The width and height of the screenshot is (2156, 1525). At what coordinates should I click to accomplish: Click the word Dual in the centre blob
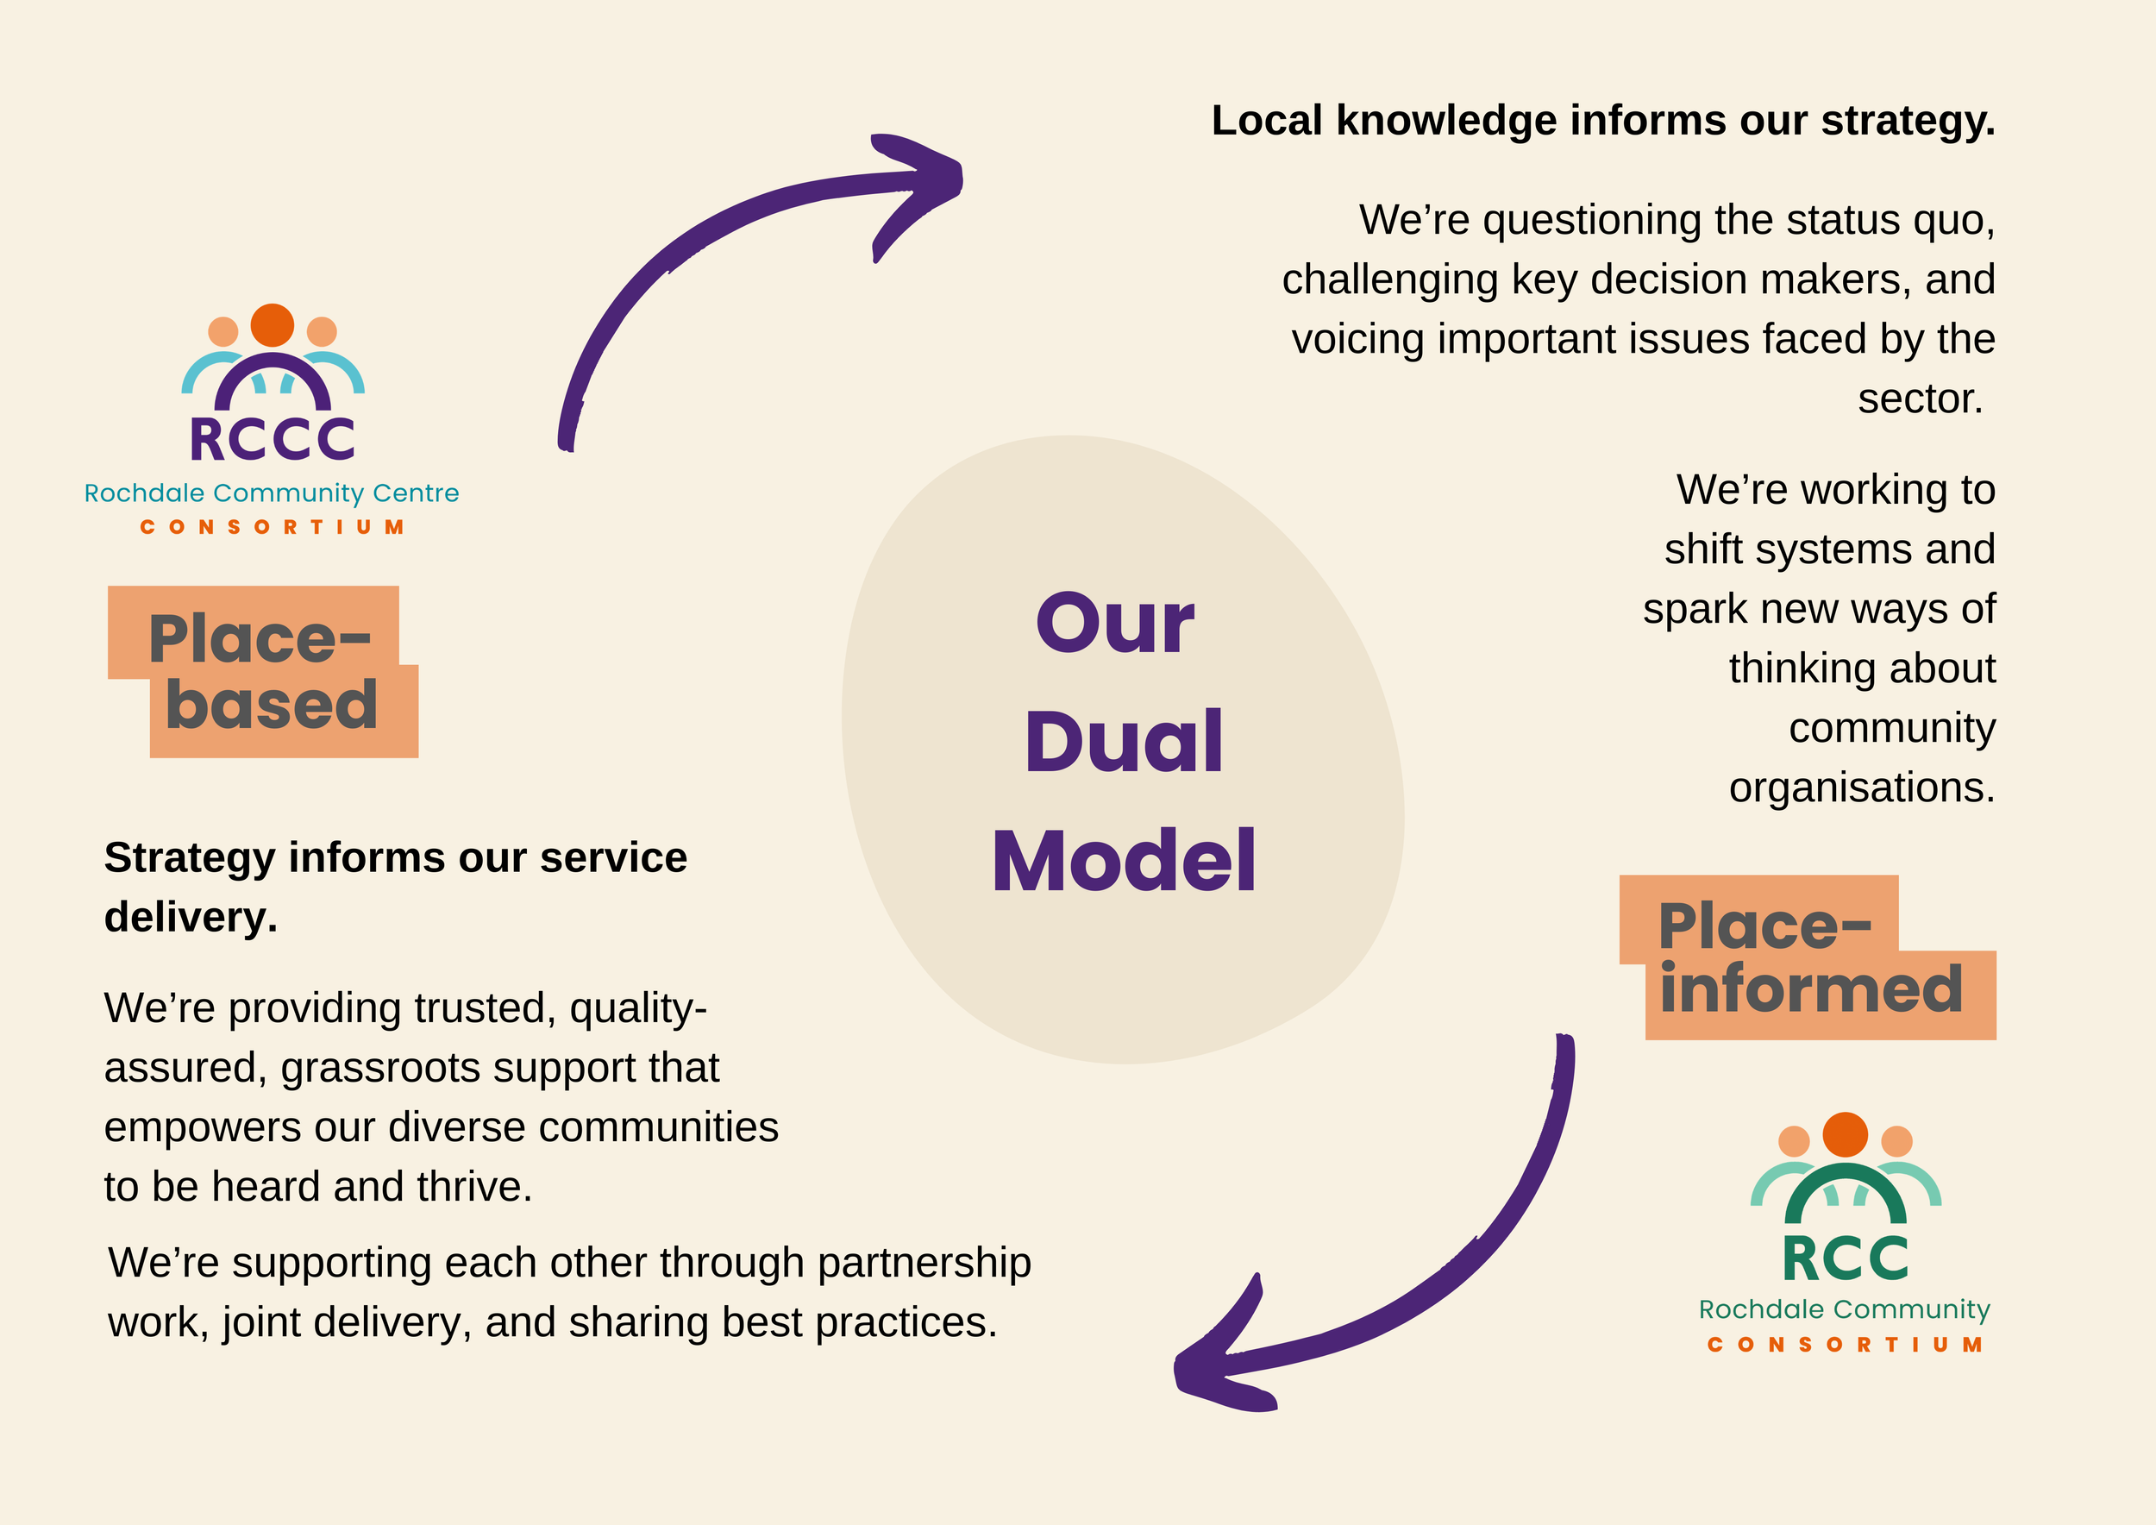(1123, 742)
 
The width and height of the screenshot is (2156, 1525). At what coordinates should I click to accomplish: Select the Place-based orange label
(263, 671)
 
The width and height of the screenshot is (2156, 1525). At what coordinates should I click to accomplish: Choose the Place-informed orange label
(1808, 957)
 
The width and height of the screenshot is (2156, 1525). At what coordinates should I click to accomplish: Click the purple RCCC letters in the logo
(273, 438)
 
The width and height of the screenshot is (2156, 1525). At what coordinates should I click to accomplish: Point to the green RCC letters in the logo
(1846, 1258)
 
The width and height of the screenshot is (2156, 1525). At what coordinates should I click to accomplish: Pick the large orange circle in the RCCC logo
(273, 325)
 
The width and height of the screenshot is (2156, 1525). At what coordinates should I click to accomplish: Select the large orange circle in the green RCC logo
(1846, 1134)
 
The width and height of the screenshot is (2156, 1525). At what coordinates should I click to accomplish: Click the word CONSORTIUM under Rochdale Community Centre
(273, 528)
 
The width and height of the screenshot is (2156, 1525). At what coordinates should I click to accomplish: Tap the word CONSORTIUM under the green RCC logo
(1846, 1345)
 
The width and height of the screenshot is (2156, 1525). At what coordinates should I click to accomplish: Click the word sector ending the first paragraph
(1920, 399)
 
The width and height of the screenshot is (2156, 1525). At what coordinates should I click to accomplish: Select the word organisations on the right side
(1861, 787)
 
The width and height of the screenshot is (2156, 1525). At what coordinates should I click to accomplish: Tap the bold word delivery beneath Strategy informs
(190, 918)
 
